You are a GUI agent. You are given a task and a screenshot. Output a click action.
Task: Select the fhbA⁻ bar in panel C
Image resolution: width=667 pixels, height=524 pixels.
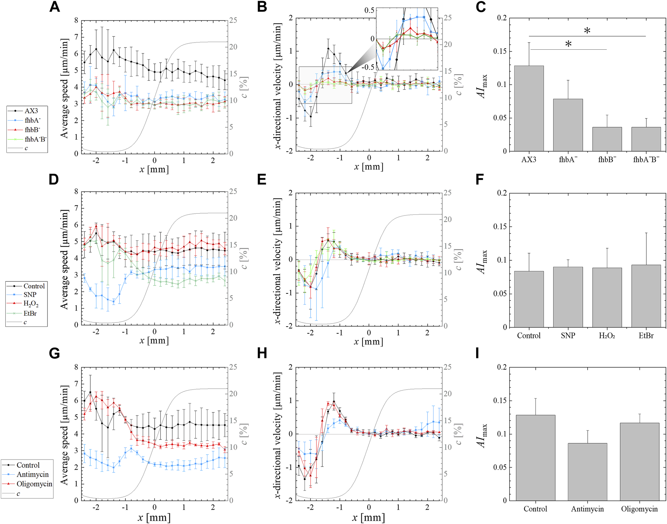pyautogui.click(x=568, y=125)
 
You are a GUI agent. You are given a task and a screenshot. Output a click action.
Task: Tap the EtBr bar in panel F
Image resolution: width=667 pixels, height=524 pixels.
pyautogui.click(x=646, y=296)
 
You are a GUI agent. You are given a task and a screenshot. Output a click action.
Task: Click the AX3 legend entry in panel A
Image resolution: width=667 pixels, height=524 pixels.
pyautogui.click(x=31, y=111)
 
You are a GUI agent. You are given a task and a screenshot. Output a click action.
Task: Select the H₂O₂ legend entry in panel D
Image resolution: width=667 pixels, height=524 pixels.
pyautogui.click(x=31, y=304)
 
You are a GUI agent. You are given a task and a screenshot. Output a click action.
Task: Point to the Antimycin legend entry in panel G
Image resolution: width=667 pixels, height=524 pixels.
pyautogui.click(x=32, y=475)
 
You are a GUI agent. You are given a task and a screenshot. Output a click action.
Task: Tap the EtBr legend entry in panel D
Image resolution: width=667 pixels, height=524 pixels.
pyautogui.click(x=30, y=313)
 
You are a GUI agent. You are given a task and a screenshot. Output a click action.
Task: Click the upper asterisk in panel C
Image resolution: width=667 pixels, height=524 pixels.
pyautogui.click(x=587, y=31)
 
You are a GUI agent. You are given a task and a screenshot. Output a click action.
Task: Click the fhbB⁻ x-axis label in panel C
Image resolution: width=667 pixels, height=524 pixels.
pyautogui.click(x=607, y=160)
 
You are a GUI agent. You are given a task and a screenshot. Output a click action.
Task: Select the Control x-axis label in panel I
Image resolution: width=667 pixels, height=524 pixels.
pyautogui.click(x=535, y=509)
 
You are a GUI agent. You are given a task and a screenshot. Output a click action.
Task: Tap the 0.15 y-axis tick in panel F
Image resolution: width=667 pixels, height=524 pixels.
pyautogui.click(x=500, y=227)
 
